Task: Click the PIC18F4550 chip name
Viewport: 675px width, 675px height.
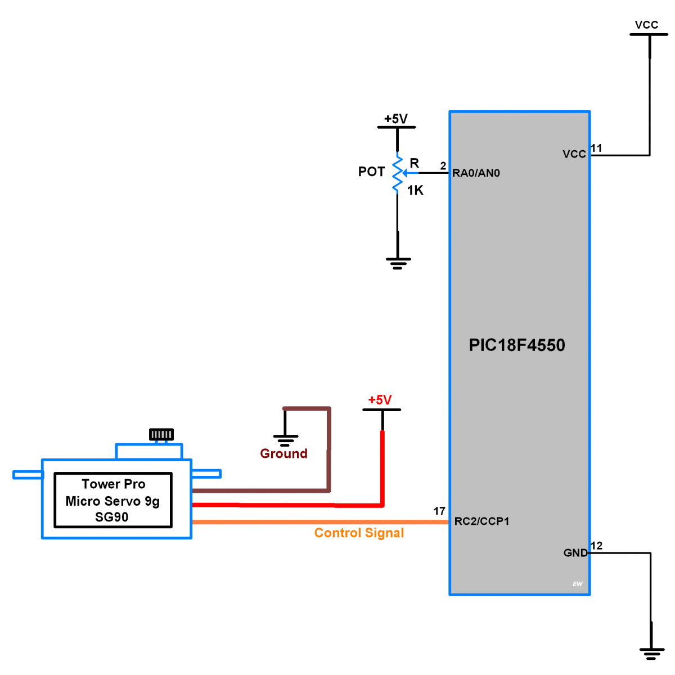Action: click(516, 345)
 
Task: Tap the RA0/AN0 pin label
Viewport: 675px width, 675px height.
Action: click(476, 173)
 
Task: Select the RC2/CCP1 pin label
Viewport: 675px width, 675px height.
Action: click(481, 521)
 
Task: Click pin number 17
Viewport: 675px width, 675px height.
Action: click(439, 511)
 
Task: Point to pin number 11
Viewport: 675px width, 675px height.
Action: click(596, 148)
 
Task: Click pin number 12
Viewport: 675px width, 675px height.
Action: click(596, 546)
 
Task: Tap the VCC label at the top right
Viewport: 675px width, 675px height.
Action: click(646, 25)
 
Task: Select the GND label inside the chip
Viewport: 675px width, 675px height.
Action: click(575, 553)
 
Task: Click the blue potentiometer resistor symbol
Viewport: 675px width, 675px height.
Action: click(397, 174)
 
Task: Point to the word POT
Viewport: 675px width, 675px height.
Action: click(371, 172)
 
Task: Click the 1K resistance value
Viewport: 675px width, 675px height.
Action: click(415, 191)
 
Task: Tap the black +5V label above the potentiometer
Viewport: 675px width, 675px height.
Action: click(395, 119)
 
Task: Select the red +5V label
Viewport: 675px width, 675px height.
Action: click(380, 400)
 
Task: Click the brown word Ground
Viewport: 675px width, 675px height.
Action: click(283, 453)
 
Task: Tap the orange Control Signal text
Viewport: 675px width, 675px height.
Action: click(359, 533)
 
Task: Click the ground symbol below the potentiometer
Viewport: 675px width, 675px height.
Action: click(398, 263)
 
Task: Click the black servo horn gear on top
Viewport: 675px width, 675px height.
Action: click(161, 434)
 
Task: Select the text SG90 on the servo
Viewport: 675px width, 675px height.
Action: click(111, 517)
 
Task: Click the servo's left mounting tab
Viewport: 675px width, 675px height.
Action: click(28, 475)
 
